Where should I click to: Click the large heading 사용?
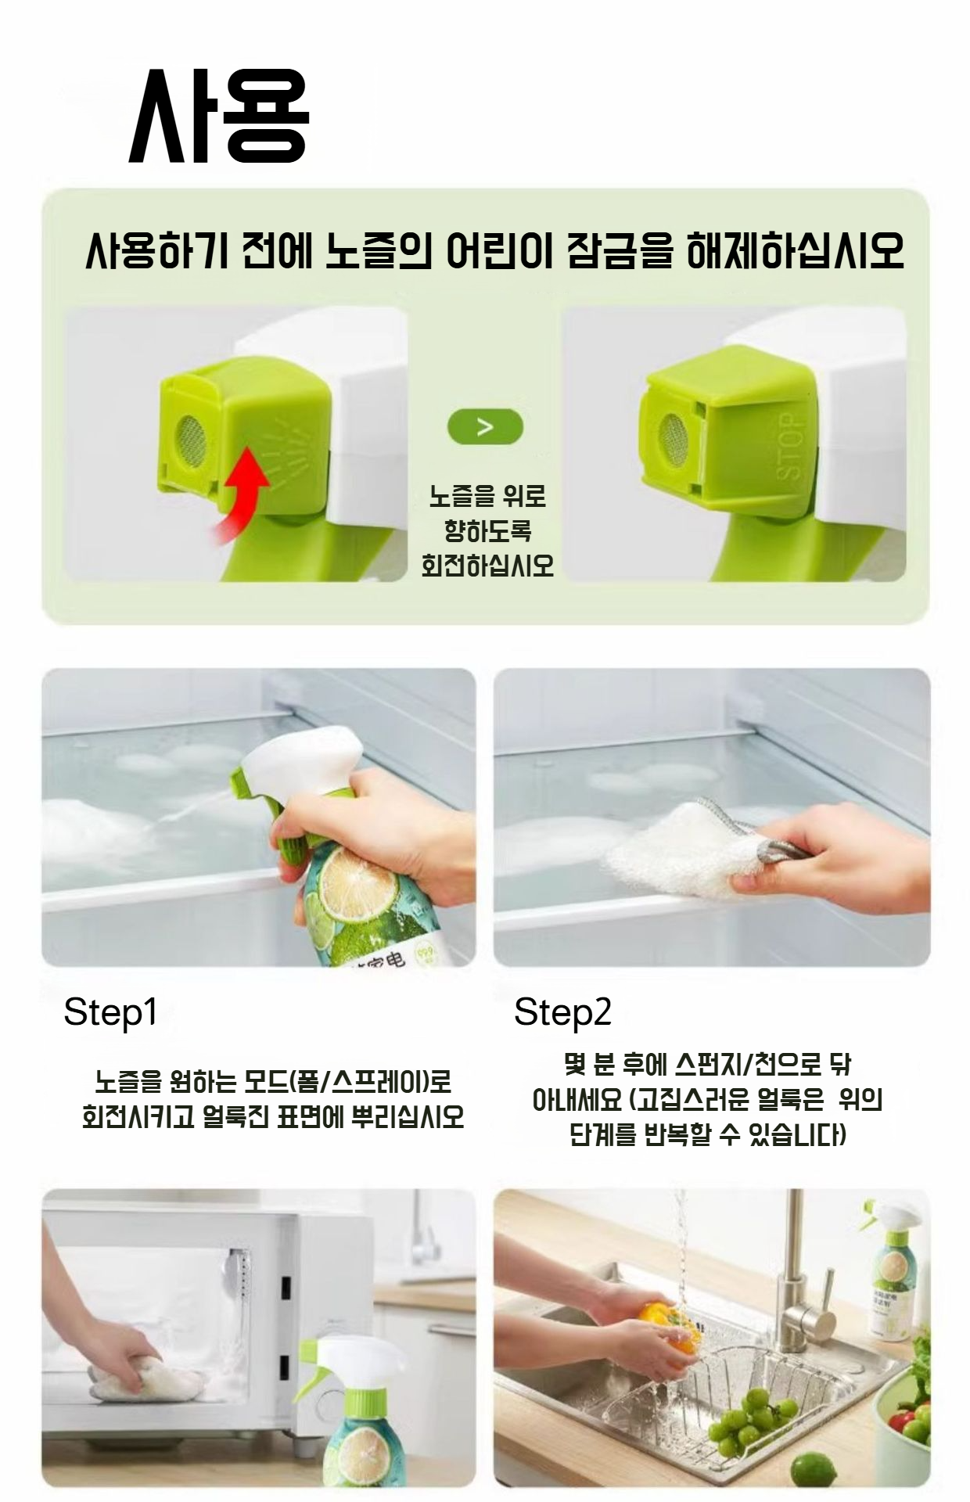tap(219, 117)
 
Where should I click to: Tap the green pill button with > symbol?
tap(485, 427)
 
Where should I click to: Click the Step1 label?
tap(110, 1012)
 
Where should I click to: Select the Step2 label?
tap(562, 1012)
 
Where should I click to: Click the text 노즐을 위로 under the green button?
tap(487, 496)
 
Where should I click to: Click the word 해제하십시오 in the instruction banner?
tap(794, 250)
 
